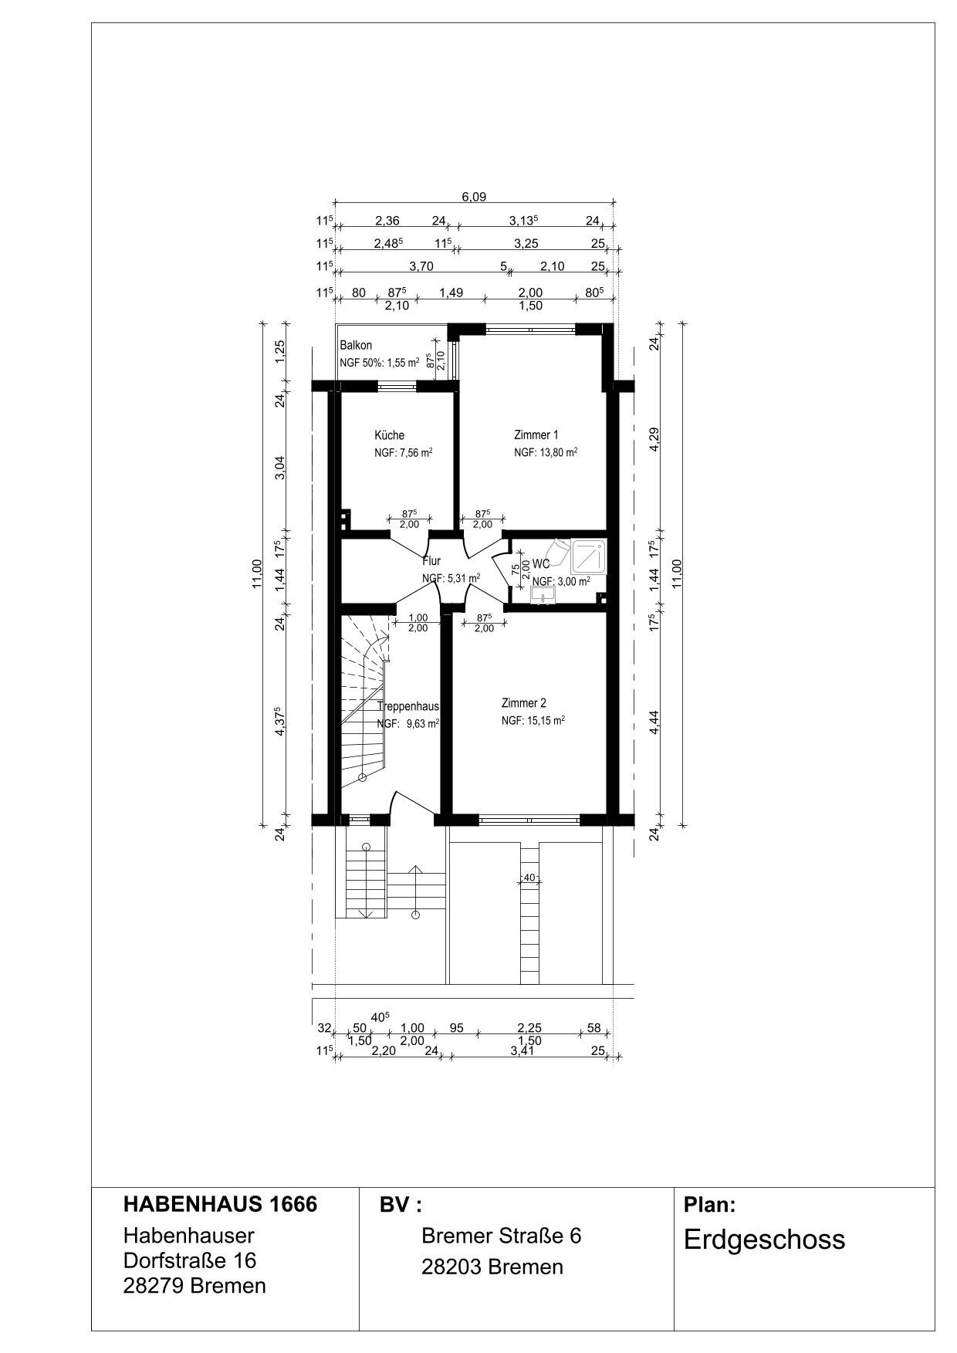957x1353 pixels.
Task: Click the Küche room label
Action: click(x=389, y=435)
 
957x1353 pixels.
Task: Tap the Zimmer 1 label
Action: click(x=536, y=435)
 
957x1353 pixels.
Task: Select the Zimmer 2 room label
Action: click(x=523, y=703)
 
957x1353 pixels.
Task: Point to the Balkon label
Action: click(x=356, y=346)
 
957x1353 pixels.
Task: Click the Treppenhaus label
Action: click(x=408, y=706)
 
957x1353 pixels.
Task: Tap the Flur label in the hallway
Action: click(x=431, y=561)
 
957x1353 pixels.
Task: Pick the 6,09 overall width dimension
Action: click(x=474, y=197)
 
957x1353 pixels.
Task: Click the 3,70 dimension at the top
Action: click(x=421, y=266)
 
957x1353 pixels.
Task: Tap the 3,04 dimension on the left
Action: click(x=280, y=468)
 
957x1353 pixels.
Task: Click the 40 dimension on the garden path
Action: click(x=529, y=877)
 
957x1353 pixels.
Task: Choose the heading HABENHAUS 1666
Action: click(x=220, y=1205)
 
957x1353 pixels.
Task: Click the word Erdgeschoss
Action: click(x=764, y=1240)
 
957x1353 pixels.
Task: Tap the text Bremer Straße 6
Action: click(x=501, y=1236)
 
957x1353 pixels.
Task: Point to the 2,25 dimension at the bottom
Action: click(x=529, y=1028)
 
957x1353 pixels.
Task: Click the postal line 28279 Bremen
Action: click(x=194, y=1286)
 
